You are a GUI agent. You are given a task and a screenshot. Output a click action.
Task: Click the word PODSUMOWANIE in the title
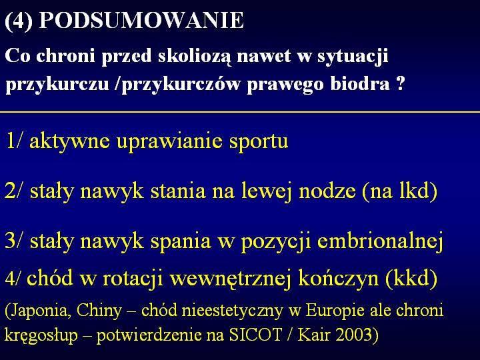[x=141, y=21]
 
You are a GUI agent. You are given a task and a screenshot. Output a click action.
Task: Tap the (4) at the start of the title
[x=19, y=21]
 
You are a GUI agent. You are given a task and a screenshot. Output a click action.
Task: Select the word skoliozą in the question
[x=195, y=57]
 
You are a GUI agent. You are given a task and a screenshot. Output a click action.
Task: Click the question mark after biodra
[x=401, y=83]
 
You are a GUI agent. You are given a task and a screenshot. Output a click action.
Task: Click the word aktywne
[x=70, y=141]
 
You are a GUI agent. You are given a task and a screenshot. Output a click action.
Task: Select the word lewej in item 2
[x=266, y=191]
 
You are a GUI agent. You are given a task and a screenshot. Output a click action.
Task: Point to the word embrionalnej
[x=380, y=241]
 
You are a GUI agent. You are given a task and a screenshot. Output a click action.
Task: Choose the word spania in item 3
[x=181, y=242]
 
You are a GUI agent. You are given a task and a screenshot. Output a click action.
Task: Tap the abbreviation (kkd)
[x=411, y=278]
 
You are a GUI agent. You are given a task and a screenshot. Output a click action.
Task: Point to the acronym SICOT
[x=255, y=335]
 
